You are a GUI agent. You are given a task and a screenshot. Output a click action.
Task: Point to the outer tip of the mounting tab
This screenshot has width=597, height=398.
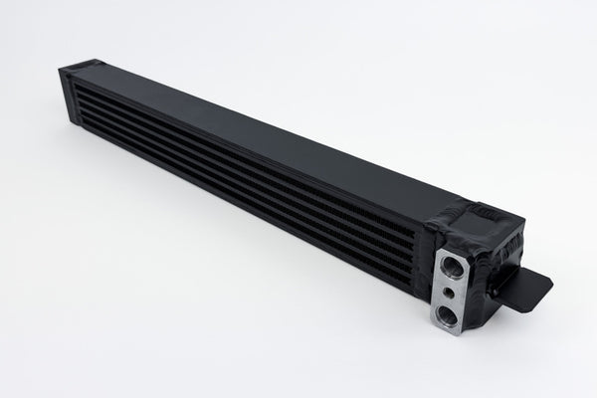[x=549, y=284]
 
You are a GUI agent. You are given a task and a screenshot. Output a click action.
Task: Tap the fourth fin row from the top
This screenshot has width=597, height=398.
[x=249, y=190]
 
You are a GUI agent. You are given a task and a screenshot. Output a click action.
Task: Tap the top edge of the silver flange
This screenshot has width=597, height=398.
[x=450, y=248]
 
